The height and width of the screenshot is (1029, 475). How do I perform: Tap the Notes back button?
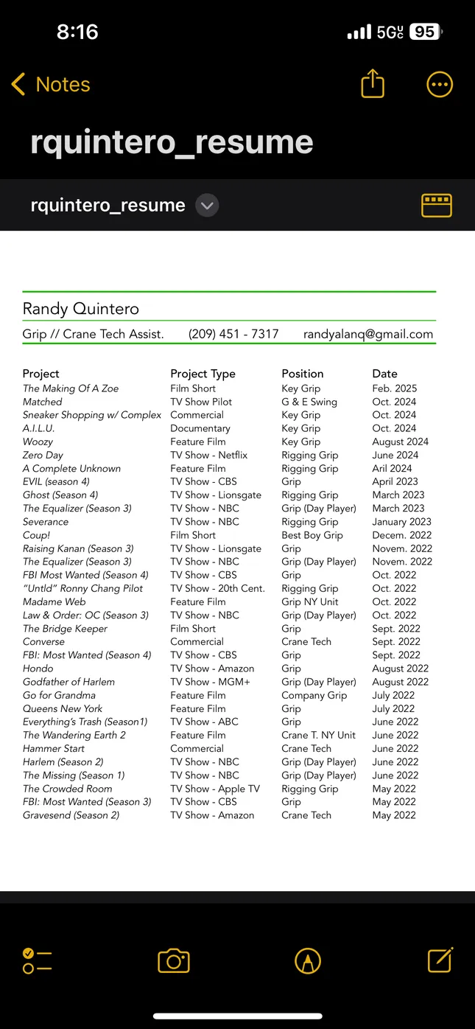[x=50, y=85]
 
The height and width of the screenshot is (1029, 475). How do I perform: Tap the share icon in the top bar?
[x=373, y=83]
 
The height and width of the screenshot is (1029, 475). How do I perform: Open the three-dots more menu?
[x=440, y=85]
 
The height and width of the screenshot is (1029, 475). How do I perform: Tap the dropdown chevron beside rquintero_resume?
[x=208, y=206]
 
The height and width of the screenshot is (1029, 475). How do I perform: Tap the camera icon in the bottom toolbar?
[x=174, y=960]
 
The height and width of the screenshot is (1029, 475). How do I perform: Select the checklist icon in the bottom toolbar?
[x=37, y=960]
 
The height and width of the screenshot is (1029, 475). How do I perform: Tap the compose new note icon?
[x=440, y=960]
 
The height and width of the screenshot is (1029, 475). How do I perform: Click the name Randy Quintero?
[x=81, y=309]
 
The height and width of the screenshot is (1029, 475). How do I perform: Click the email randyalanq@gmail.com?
[x=368, y=334]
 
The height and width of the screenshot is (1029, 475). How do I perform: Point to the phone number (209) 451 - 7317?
[x=233, y=334]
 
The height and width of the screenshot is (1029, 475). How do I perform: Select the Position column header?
[x=302, y=374]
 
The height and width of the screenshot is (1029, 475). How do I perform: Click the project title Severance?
[x=46, y=522]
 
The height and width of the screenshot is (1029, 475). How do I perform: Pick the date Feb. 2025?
[x=395, y=388]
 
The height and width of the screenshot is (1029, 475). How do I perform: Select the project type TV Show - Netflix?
[x=208, y=456]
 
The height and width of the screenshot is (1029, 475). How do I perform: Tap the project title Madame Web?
[x=54, y=601]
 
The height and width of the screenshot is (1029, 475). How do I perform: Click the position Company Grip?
[x=314, y=695]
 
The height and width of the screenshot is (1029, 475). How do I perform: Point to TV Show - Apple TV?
[x=214, y=789]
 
